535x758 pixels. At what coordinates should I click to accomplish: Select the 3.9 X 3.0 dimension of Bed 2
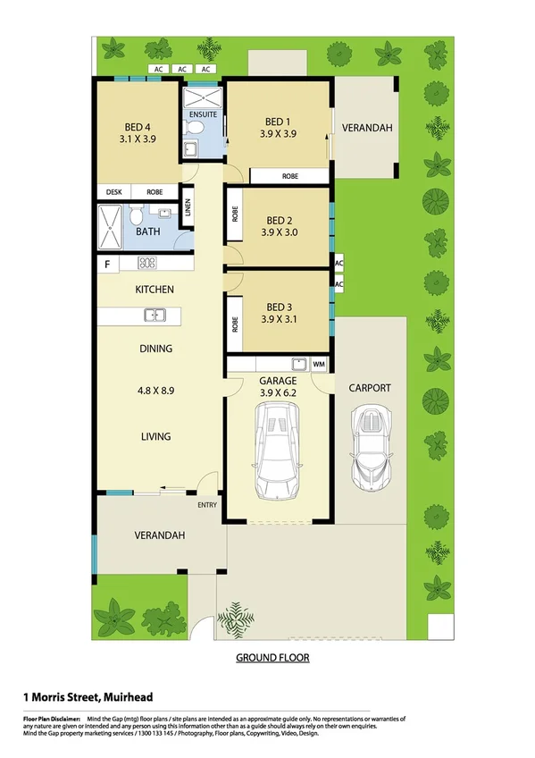tap(279, 232)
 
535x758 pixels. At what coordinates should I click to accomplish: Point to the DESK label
tap(113, 192)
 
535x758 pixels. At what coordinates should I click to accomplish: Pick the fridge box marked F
tap(107, 264)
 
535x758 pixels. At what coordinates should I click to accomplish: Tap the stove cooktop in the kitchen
tap(147, 263)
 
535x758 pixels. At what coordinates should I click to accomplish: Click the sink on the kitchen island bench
tap(154, 315)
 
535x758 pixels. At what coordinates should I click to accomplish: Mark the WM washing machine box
tap(318, 364)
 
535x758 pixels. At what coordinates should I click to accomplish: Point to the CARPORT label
tap(369, 388)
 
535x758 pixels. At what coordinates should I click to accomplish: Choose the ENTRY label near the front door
tap(206, 505)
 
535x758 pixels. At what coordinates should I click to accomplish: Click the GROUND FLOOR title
tap(272, 658)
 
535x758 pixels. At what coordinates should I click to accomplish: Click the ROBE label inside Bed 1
tap(289, 177)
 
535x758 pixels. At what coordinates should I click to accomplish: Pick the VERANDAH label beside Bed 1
tap(367, 129)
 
